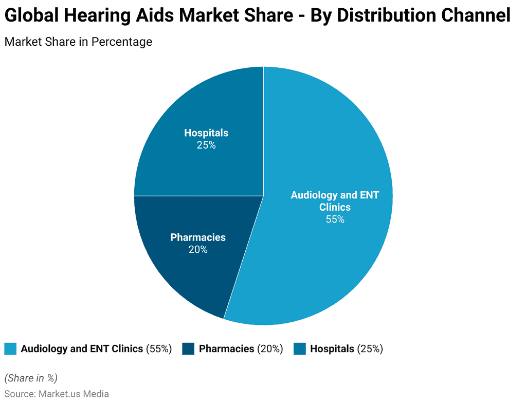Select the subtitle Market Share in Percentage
coord(78,42)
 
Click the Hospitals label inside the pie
coord(206,133)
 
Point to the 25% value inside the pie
coord(206,145)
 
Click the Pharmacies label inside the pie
coord(198,237)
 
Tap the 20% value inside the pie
coord(198,250)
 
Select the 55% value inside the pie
coord(335,219)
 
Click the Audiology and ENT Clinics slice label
coord(335,201)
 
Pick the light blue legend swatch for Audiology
coord(10,348)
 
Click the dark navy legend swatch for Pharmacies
coord(188,348)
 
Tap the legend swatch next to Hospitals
coord(300,348)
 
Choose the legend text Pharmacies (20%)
coord(241,348)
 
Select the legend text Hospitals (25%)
coord(346,348)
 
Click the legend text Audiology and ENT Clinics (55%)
coord(96,348)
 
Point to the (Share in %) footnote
coord(31,378)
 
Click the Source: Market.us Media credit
coord(57,394)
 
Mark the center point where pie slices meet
coord(263,196)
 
